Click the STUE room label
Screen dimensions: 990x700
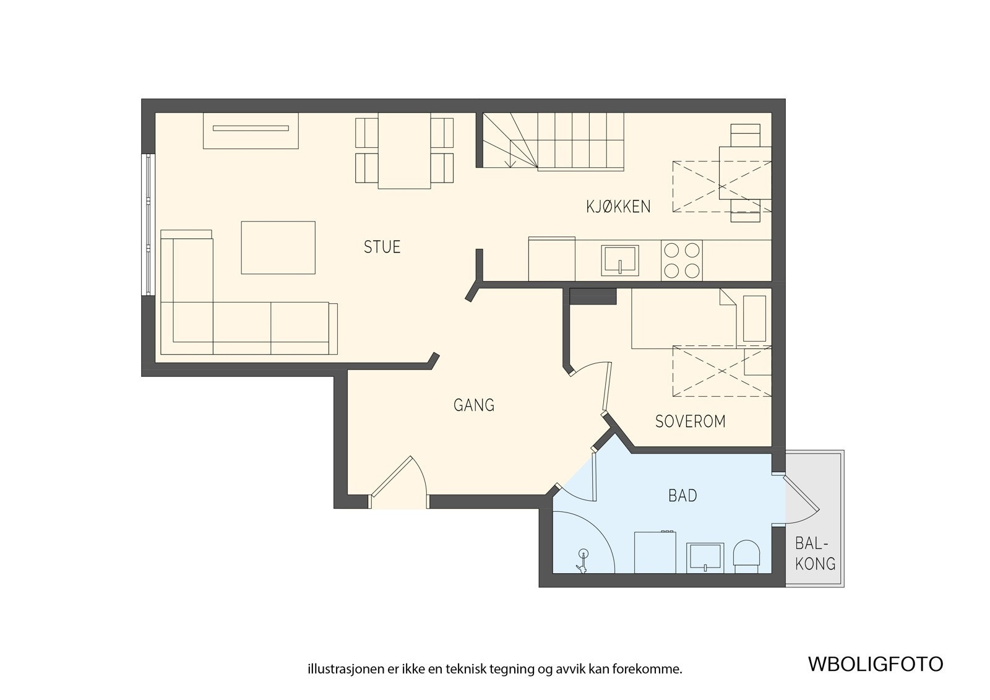click(x=382, y=247)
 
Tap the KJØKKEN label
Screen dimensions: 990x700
click(x=618, y=207)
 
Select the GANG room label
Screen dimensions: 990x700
click(x=474, y=405)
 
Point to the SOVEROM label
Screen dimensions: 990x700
click(x=690, y=421)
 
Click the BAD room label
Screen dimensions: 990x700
click(x=682, y=496)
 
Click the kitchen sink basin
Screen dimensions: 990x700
click(x=619, y=261)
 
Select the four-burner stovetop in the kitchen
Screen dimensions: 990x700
click(x=681, y=261)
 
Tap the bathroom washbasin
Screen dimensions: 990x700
click(x=705, y=558)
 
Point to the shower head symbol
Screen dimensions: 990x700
click(x=583, y=562)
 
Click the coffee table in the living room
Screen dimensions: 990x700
click(x=278, y=248)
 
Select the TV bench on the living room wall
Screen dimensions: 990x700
click(x=251, y=131)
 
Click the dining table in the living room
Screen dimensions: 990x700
click(x=404, y=150)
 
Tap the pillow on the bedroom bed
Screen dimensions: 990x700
click(x=754, y=319)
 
